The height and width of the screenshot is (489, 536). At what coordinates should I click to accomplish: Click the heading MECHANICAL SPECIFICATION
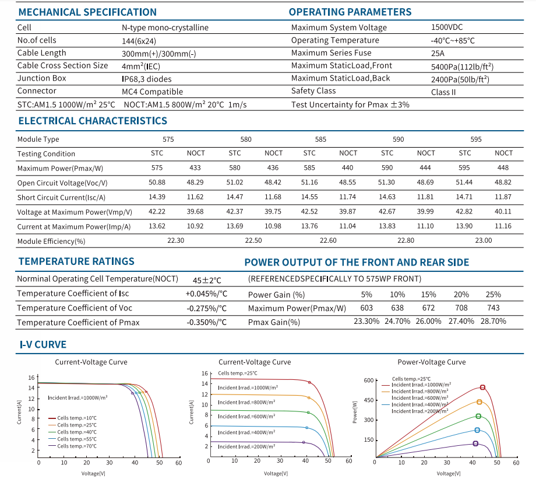pos(87,12)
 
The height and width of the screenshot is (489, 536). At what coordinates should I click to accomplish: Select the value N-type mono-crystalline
pos(165,27)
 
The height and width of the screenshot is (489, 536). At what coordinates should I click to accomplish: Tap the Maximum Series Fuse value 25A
pos(438,54)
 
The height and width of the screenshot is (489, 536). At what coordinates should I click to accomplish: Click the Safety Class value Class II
pos(443,92)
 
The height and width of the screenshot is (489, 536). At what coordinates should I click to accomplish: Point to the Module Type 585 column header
pos(320,139)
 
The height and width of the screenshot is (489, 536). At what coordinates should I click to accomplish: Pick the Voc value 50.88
pos(157,182)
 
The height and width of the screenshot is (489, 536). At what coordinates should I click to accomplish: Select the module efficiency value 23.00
pos(484,240)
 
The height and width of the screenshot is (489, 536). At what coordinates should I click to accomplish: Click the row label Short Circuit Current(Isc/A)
pos(61,198)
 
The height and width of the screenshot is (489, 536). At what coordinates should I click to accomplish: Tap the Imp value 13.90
pos(464,226)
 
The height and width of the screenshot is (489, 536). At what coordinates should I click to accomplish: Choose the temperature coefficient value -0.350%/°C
pos(206,322)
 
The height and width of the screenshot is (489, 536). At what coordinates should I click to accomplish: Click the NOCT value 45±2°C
pos(207,281)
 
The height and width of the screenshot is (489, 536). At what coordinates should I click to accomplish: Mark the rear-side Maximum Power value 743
pos(493,308)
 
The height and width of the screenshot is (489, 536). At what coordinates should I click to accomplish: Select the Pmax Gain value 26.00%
pos(428,321)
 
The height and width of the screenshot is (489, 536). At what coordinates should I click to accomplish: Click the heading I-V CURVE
pos(43,344)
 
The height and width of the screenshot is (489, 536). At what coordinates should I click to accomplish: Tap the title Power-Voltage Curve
pos(431,362)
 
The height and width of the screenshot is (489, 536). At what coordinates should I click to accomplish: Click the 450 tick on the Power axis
pos(369,400)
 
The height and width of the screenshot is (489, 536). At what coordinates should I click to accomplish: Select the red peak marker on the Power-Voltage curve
pos(482,387)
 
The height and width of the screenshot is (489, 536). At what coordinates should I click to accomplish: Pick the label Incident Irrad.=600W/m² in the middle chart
pos(246,417)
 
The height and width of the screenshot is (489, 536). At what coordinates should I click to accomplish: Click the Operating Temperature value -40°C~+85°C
pos(453,41)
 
